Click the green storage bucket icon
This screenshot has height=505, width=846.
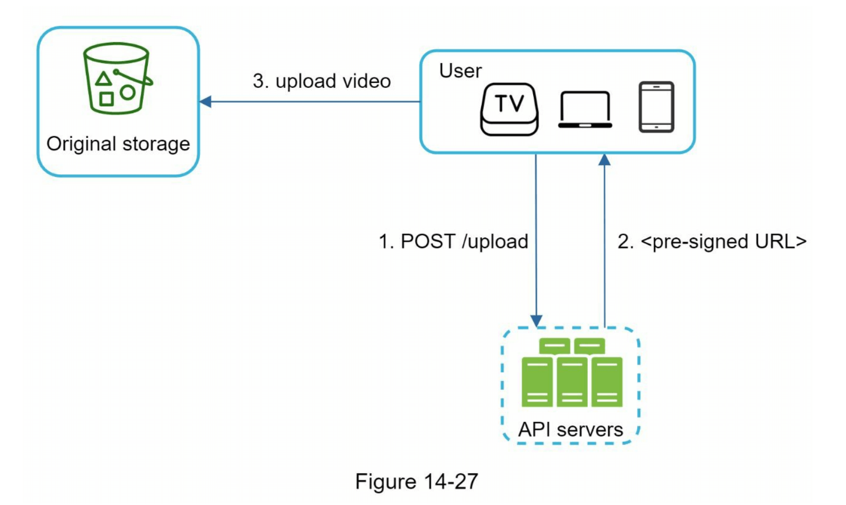117,78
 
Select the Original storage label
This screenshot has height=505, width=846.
118,144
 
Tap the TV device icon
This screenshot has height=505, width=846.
509,109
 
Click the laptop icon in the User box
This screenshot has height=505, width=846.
585,109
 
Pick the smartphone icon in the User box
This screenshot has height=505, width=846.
656,107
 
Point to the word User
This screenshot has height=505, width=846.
460,71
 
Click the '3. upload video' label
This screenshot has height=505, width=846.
322,81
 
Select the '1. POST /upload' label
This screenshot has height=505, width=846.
453,242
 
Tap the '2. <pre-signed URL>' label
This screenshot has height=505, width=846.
712,242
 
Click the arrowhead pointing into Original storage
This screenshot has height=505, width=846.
205,102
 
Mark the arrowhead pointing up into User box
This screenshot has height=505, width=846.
605,160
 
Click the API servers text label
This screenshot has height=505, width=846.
570,429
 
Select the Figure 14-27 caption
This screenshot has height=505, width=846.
416,482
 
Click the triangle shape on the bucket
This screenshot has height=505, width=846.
103,79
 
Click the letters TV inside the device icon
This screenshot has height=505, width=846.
509,103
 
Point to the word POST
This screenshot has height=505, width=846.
428,242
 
